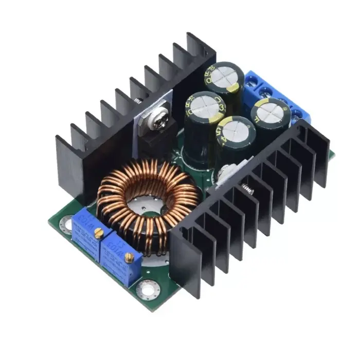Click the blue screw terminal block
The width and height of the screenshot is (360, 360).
coord(278,93)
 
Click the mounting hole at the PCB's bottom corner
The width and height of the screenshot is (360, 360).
coord(148,289)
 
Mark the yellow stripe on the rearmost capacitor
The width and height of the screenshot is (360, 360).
coord(235,87)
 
